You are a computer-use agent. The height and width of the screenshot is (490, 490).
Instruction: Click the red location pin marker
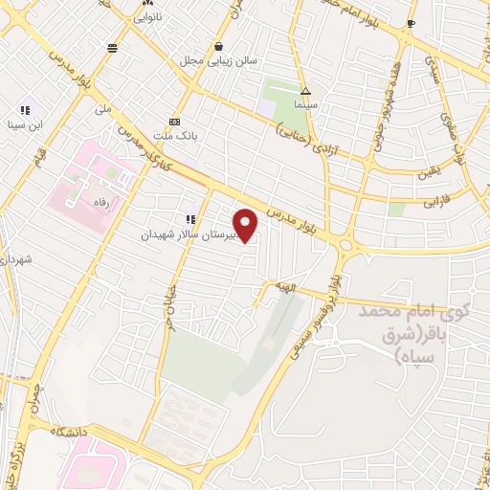[x=246, y=225]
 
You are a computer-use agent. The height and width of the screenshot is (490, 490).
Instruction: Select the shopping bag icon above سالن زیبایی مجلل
[x=220, y=46]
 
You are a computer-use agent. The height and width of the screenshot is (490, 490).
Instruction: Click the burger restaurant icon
[x=113, y=47]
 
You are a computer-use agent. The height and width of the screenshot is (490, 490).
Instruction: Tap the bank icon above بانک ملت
[x=174, y=122]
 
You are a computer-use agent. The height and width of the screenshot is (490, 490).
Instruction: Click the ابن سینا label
[x=26, y=124]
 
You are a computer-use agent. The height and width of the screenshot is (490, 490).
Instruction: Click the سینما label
[x=305, y=102]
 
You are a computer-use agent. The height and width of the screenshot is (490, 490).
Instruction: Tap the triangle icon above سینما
[x=305, y=90]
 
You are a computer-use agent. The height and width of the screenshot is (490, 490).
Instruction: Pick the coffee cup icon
[x=412, y=23]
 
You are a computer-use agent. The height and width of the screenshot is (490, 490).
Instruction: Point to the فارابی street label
[x=436, y=204]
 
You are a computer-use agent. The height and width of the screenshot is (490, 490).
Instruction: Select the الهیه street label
[x=310, y=287]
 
